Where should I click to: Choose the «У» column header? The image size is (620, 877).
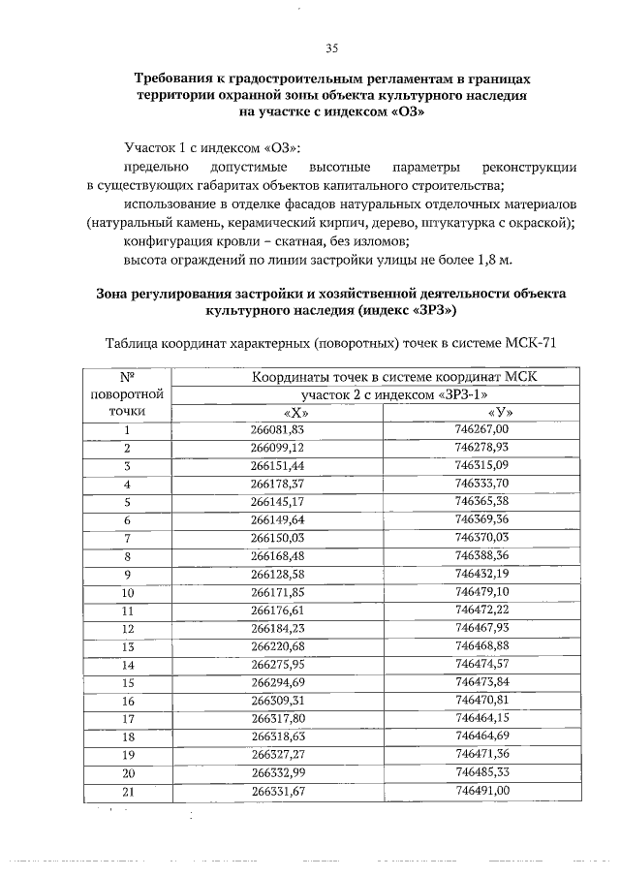click(499, 413)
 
